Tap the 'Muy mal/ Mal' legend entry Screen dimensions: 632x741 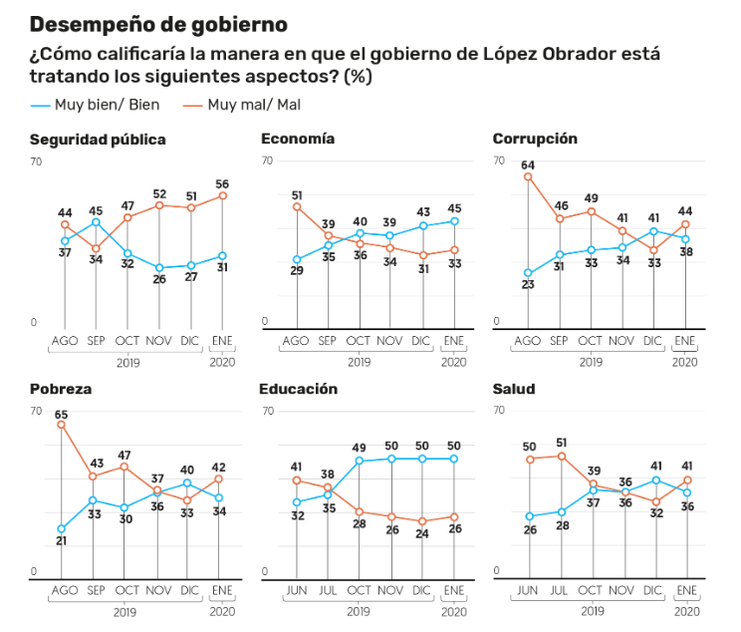point(243,105)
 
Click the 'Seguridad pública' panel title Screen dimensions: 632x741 point(98,140)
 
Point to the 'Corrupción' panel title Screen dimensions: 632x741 point(535,140)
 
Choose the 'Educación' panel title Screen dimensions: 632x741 point(299,389)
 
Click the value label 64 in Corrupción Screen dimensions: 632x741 point(528,164)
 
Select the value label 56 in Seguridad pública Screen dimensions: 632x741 point(222,183)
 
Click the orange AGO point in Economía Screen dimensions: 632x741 point(297,207)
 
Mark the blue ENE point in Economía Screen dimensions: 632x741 point(454,221)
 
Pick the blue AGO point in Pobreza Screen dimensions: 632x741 point(63,528)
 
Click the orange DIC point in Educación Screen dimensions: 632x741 point(422,521)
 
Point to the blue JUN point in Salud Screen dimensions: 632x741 point(529,516)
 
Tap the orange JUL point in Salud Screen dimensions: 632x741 point(561,456)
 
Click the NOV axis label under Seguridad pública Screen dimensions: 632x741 point(158,341)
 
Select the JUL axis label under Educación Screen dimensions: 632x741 point(328,591)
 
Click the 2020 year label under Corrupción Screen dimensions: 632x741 point(684,362)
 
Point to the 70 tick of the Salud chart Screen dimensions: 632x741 point(500,411)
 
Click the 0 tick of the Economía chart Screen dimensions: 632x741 point(266,322)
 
